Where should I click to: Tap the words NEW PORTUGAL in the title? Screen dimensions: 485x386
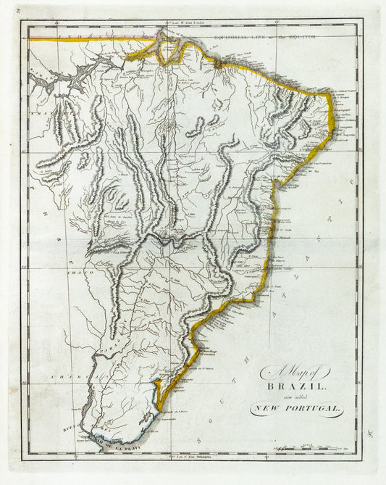pos(297,410)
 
